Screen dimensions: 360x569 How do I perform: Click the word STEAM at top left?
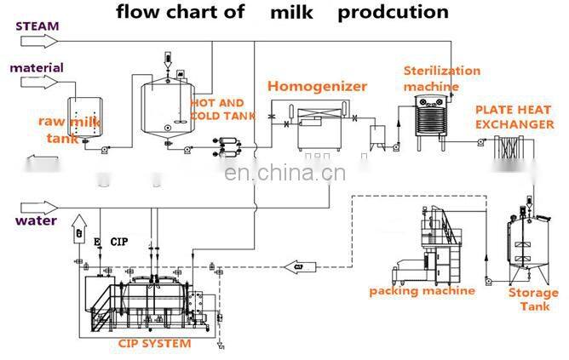(x=37, y=26)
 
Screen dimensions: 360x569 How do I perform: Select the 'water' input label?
(x=37, y=221)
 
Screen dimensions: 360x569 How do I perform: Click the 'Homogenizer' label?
(x=317, y=86)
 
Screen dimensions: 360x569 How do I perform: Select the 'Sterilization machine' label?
(x=441, y=78)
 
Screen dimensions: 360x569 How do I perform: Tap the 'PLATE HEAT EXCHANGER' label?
(x=514, y=117)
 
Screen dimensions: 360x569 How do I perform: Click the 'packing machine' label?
(x=422, y=291)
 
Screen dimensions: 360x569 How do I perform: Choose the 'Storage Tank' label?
(x=533, y=299)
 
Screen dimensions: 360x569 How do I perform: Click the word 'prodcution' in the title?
(x=393, y=12)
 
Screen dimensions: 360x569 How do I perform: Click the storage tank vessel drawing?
(x=527, y=247)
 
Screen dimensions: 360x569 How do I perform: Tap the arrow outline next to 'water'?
(x=37, y=206)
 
